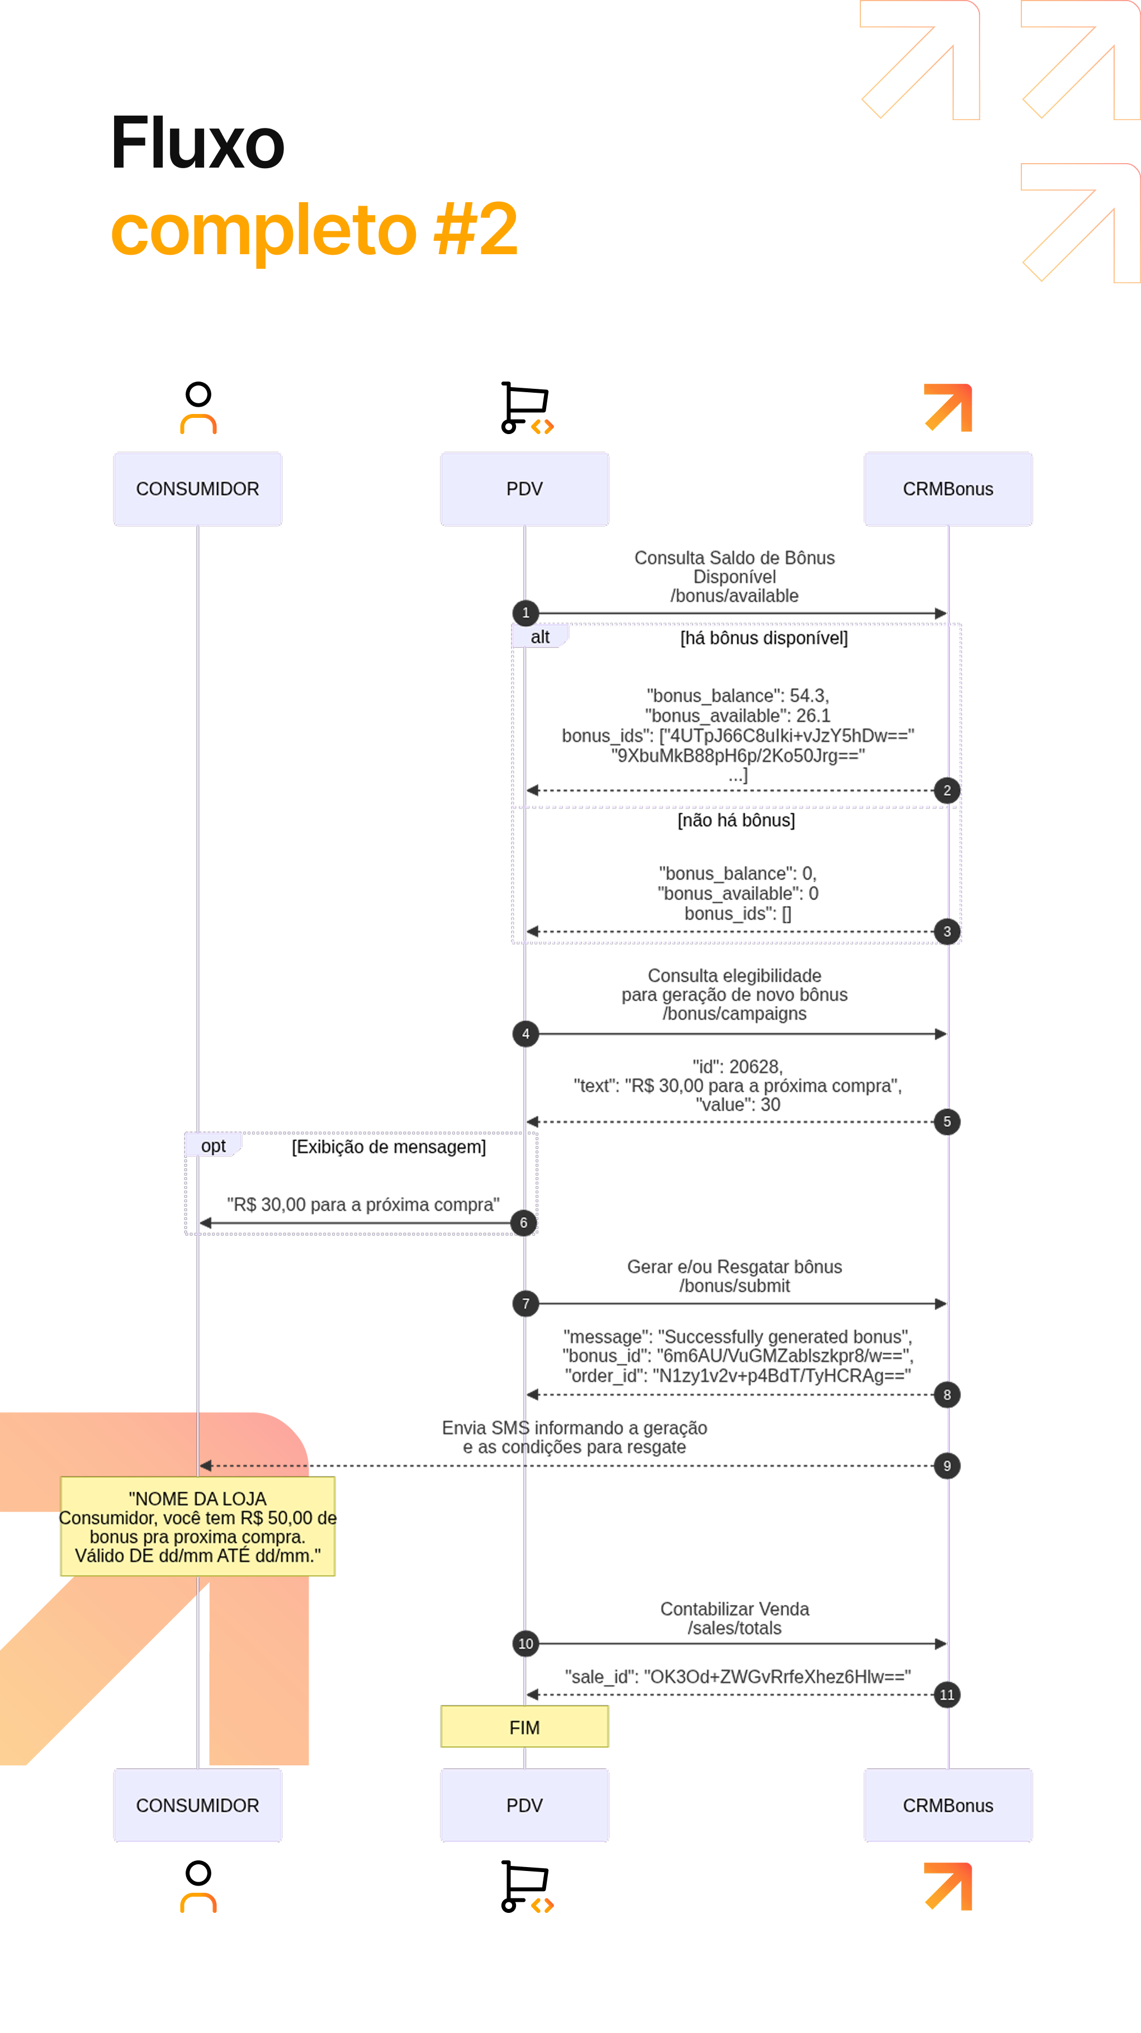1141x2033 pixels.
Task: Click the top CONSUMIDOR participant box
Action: coord(197,488)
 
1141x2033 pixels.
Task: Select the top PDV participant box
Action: coord(524,488)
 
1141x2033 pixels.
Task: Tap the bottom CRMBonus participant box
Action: coord(948,1805)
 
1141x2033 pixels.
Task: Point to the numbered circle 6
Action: coord(523,1222)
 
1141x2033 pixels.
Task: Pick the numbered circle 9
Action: coord(947,1465)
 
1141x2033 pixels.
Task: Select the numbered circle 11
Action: coord(947,1694)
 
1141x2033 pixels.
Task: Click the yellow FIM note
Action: coord(524,1727)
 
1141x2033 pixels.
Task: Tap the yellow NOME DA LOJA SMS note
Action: coord(197,1526)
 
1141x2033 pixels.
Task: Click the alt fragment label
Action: coord(540,637)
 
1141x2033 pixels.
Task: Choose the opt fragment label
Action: coord(213,1145)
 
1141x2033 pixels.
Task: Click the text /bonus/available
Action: coord(735,596)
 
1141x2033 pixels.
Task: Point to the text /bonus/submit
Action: coord(735,1285)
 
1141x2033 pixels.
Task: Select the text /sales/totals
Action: coord(735,1628)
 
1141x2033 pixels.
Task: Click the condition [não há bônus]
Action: coord(736,820)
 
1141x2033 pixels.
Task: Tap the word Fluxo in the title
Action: coord(197,143)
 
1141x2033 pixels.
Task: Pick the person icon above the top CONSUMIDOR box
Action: coord(198,408)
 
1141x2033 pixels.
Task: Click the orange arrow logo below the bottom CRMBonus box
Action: coord(948,1886)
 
